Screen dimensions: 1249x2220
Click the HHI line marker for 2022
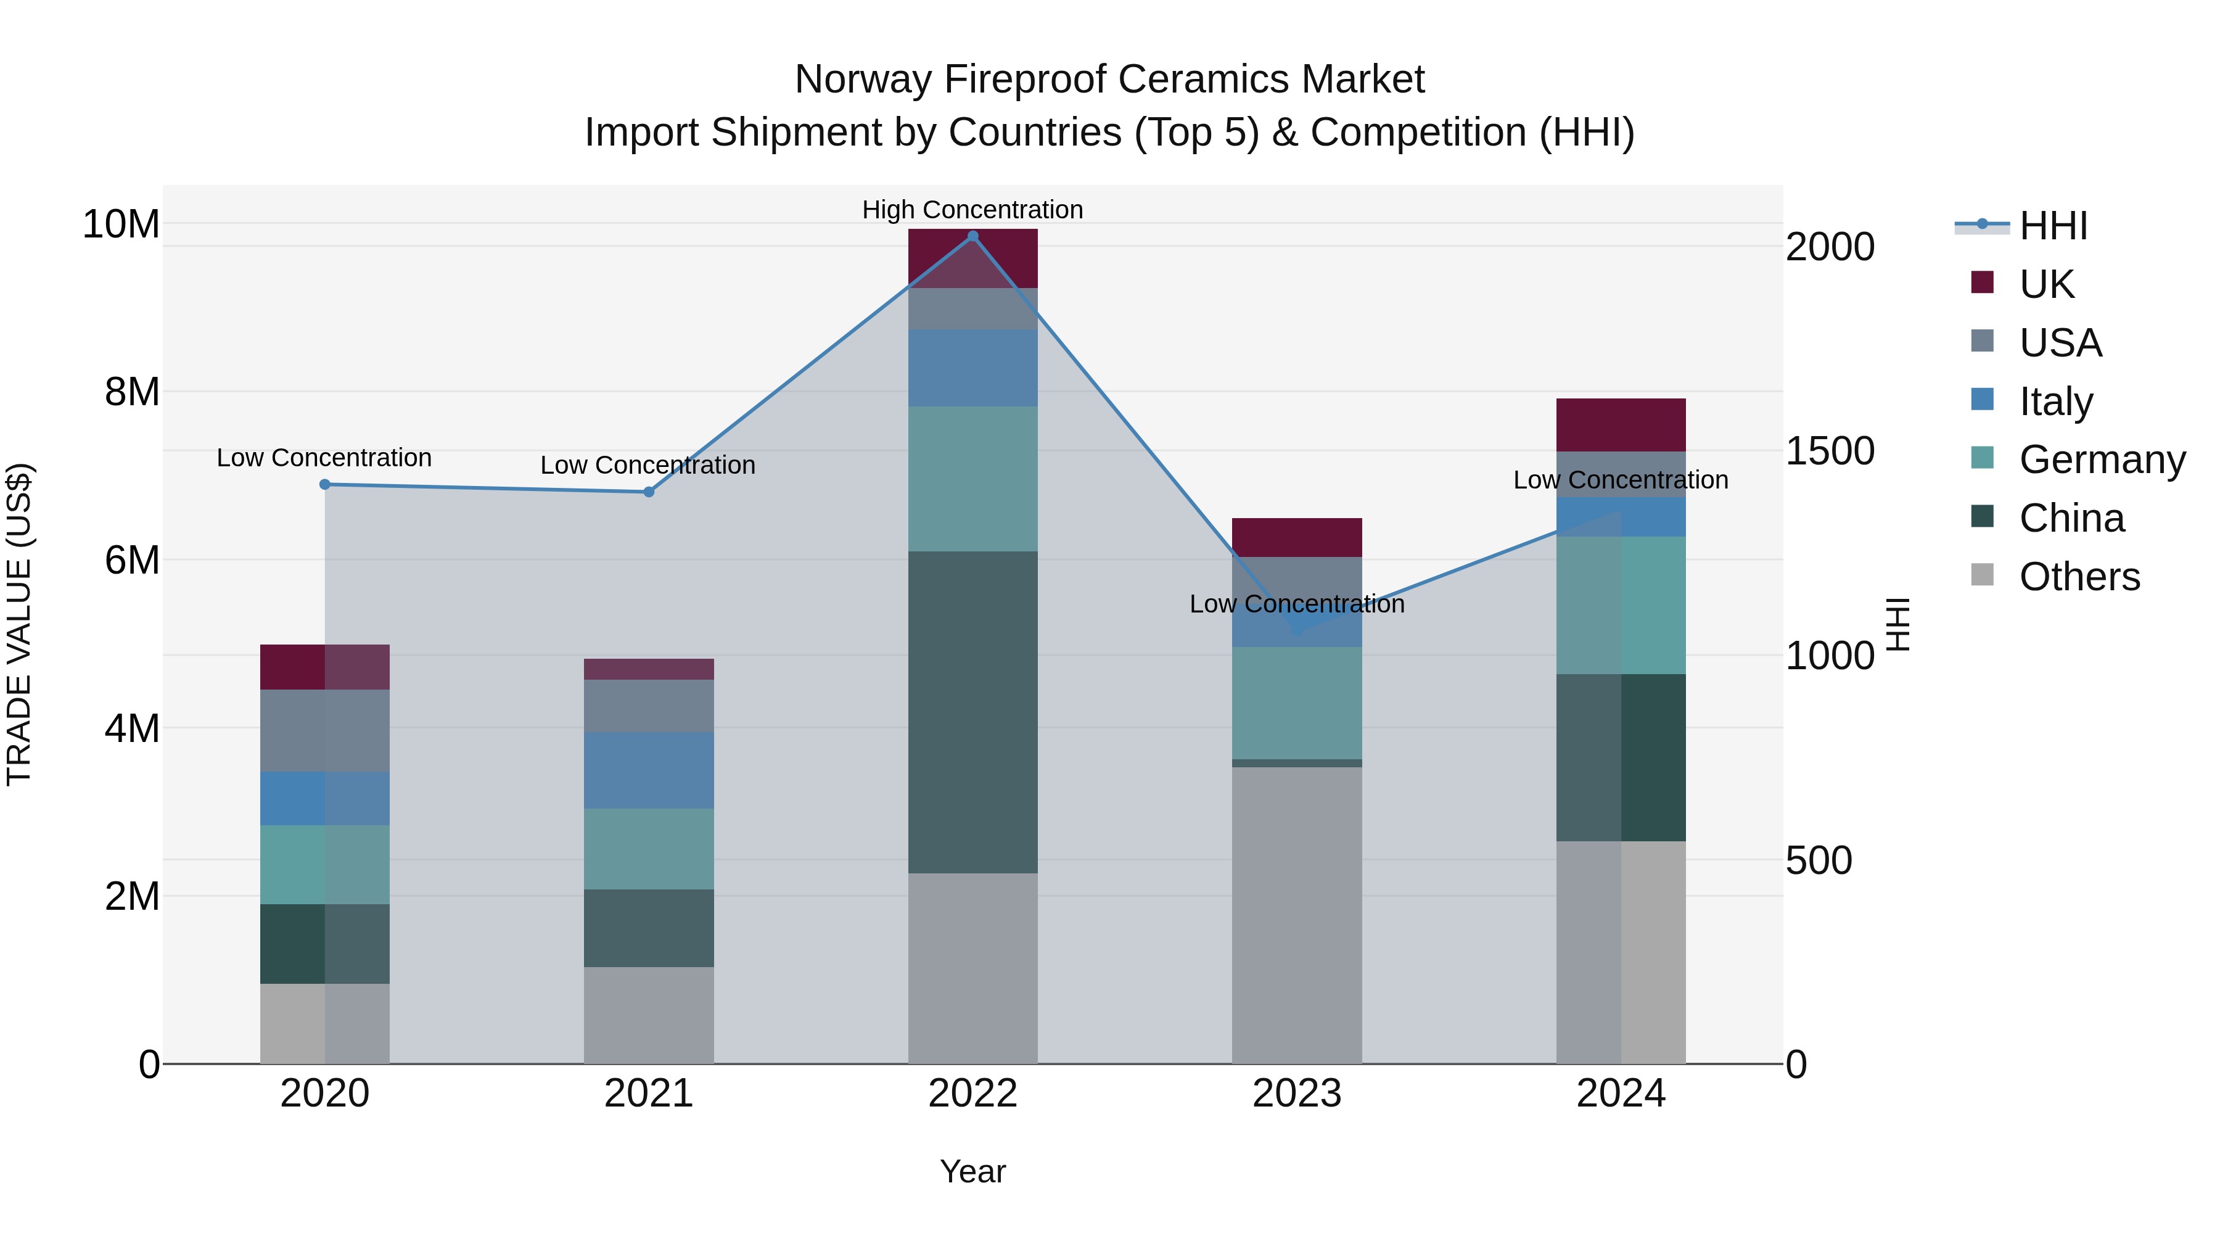pyautogui.click(x=973, y=236)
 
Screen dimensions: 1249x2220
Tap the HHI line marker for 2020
pyautogui.click(x=325, y=484)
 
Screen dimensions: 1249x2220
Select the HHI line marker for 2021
pyautogui.click(x=649, y=492)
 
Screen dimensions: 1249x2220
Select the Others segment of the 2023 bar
pyautogui.click(x=1297, y=915)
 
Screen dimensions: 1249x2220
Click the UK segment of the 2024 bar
pyautogui.click(x=1621, y=425)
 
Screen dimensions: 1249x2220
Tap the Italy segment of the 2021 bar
pyautogui.click(x=649, y=770)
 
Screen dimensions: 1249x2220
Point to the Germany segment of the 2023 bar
pyautogui.click(x=1297, y=703)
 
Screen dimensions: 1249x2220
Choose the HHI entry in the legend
pyautogui.click(x=2053, y=226)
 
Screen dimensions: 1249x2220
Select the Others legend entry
pyautogui.click(x=2079, y=577)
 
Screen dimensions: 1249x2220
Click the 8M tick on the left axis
pyautogui.click(x=131, y=392)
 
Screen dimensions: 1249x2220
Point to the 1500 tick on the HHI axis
pyautogui.click(x=1830, y=451)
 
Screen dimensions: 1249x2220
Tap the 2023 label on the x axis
pyautogui.click(x=1297, y=1094)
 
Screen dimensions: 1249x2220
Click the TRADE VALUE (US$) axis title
pyautogui.click(x=20, y=624)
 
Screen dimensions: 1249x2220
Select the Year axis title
pyautogui.click(x=973, y=1171)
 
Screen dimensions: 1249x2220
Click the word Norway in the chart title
pyautogui.click(x=863, y=80)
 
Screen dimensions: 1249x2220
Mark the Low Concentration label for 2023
pyautogui.click(x=1297, y=604)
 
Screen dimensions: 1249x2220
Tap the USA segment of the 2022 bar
pyautogui.click(x=973, y=308)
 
